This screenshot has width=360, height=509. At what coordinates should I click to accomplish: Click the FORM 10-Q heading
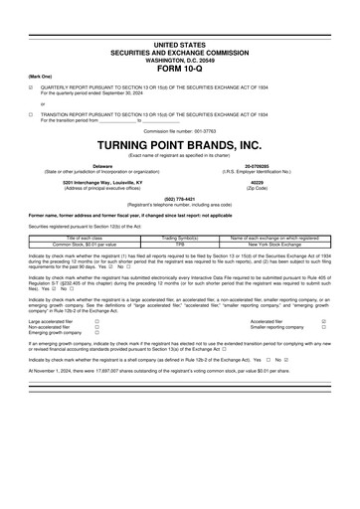180,69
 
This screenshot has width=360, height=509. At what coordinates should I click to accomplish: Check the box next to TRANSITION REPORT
31,114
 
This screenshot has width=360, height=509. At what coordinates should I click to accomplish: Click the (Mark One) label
40,77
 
